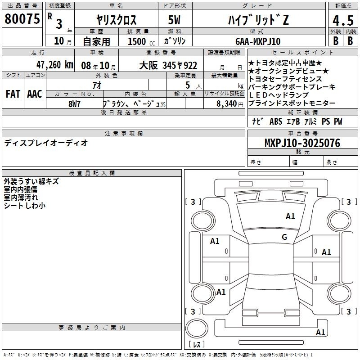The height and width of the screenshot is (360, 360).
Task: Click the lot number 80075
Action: point(22,19)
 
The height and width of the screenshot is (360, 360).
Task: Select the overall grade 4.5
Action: point(343,21)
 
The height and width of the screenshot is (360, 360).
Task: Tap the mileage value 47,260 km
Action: point(55,65)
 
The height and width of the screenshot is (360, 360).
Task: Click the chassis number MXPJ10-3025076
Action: point(302,143)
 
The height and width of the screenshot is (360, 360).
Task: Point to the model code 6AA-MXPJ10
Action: point(258,41)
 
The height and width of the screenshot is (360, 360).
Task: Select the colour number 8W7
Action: point(74,104)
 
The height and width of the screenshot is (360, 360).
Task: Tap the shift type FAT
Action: point(13,94)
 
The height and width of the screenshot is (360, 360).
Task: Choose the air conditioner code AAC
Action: point(35,94)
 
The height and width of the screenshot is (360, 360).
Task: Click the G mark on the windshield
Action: point(284,237)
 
